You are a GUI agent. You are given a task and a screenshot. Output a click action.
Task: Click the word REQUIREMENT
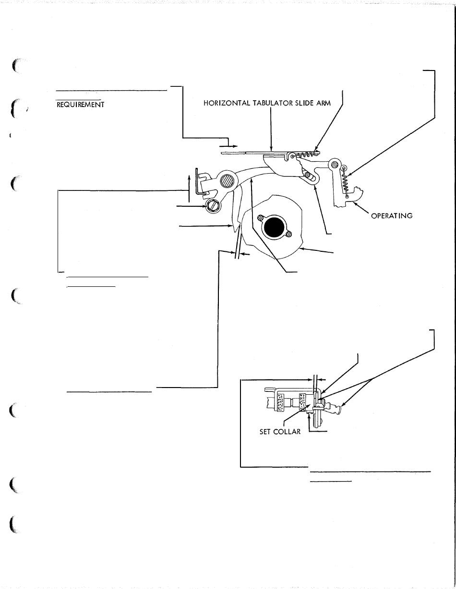click(x=80, y=105)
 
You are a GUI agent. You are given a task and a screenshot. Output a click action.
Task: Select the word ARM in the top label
click(x=324, y=103)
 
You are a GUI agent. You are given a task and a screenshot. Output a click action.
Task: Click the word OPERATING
click(x=392, y=216)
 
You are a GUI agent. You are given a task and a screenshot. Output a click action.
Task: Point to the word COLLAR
click(x=287, y=432)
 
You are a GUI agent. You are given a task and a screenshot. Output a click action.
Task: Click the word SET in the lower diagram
click(x=265, y=432)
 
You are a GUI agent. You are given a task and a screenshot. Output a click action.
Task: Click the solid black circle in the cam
click(x=274, y=227)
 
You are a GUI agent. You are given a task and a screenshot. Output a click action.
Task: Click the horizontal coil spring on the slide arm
click(x=305, y=155)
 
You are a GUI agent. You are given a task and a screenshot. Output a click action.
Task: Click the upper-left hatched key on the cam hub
click(x=261, y=217)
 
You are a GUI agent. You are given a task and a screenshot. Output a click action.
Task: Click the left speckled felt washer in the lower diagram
click(x=279, y=403)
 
